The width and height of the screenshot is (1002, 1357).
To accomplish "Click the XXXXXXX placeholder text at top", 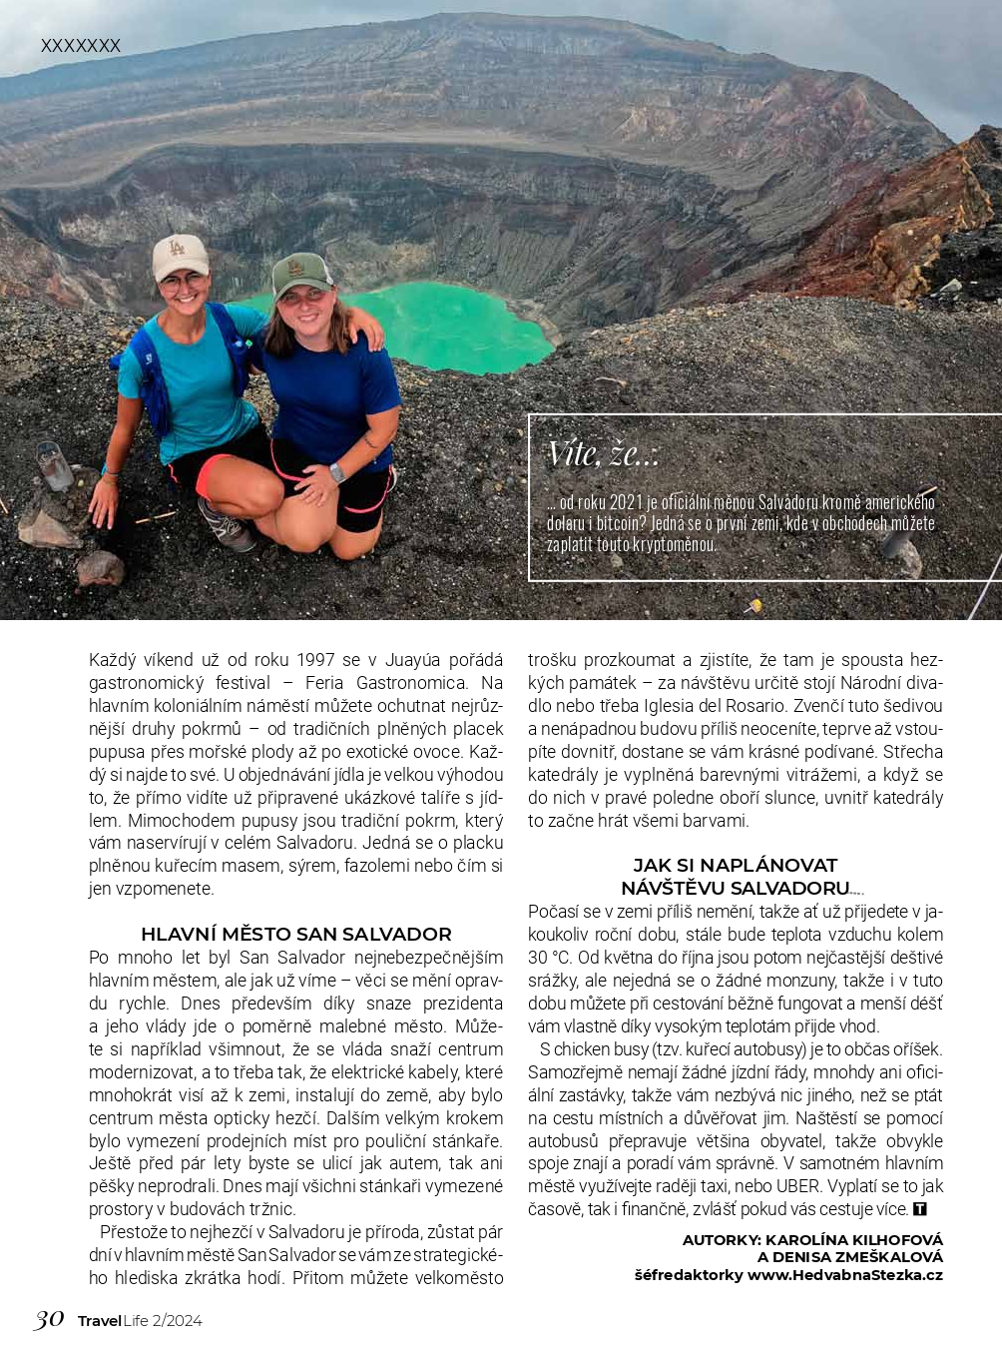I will point(80,46).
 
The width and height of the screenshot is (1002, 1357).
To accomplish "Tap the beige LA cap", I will point(181,256).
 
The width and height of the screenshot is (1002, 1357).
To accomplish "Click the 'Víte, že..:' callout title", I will point(603,454).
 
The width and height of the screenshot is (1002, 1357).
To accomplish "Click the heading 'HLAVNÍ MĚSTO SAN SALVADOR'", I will point(295,934).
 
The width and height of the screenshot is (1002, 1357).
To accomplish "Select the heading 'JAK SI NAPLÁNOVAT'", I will point(735,865).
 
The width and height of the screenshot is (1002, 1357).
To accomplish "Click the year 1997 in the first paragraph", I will point(315,660).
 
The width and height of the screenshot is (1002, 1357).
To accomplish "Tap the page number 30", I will point(48,1319).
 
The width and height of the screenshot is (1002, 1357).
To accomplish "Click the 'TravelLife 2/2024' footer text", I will point(140,1320).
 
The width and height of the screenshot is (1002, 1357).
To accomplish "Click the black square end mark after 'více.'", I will point(920,1209).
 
